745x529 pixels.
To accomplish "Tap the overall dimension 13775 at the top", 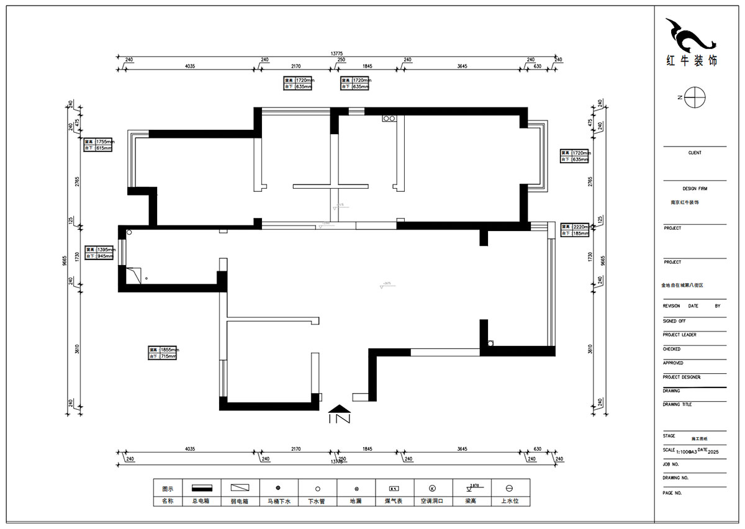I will [x=338, y=54].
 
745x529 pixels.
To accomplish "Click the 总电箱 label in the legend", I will [x=201, y=500].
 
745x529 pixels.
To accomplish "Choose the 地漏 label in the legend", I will [x=356, y=500].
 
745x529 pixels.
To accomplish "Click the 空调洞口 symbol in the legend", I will [x=433, y=489].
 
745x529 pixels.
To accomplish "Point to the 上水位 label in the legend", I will [x=509, y=500].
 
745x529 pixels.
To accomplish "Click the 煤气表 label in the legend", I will [x=394, y=500].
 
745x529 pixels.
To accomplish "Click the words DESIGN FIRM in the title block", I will [x=694, y=189].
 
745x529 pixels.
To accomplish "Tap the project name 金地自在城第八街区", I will [x=682, y=286].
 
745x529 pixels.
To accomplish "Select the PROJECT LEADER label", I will [x=679, y=335].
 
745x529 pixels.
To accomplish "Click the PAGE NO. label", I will [x=672, y=492].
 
